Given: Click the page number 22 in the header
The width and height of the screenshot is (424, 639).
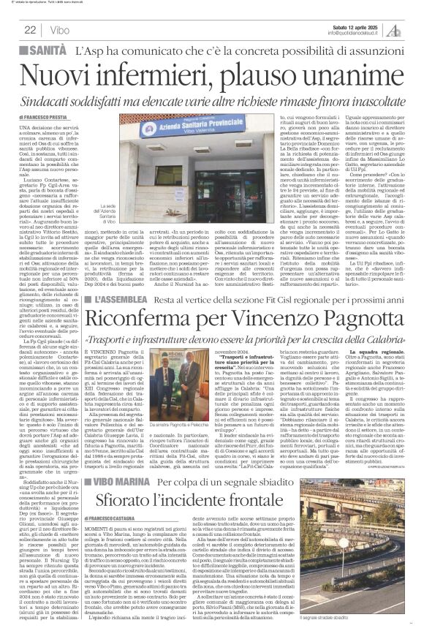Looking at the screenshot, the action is click(x=31, y=29).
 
